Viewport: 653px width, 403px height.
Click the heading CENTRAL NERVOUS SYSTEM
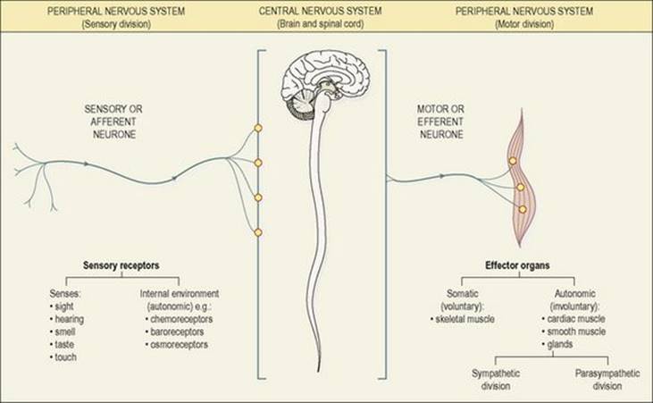[x=321, y=11]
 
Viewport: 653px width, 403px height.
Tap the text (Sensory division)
[x=116, y=24]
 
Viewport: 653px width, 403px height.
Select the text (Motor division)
[x=524, y=24]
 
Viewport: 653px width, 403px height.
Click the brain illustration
[x=326, y=87]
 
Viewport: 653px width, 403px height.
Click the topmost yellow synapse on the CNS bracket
[x=258, y=128]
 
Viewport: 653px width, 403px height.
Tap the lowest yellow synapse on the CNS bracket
[x=258, y=232]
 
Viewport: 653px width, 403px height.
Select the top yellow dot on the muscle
[x=513, y=161]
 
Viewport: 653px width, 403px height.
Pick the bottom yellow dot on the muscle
[x=523, y=210]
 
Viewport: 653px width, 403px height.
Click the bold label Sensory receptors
[x=121, y=265]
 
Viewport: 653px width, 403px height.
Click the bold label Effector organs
[x=517, y=265]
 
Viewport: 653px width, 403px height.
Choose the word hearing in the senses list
[x=70, y=319]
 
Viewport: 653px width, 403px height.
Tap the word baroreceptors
[x=177, y=332]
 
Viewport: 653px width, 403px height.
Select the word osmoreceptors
[x=179, y=345]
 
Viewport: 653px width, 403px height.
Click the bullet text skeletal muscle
[x=465, y=319]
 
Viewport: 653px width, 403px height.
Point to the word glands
[x=560, y=344]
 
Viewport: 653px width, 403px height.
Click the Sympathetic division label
[x=496, y=380]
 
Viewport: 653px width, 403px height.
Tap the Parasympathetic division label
[x=607, y=380]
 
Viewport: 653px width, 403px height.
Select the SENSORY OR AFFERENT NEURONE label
[x=113, y=122]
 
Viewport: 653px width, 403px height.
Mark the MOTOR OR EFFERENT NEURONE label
[x=441, y=122]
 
